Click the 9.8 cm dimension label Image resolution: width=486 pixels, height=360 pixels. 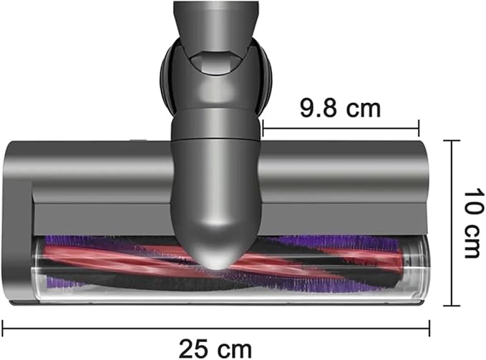[340, 108]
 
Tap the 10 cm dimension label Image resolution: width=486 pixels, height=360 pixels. [474, 223]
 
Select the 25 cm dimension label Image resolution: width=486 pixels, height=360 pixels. [215, 349]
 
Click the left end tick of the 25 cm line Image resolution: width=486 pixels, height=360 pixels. [2, 329]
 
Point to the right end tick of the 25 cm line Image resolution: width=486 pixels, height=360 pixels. [429, 329]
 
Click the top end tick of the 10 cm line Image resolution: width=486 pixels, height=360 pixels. [452, 141]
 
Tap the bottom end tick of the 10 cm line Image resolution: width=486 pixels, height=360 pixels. [452, 306]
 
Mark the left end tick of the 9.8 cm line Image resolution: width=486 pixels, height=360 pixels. [263, 128]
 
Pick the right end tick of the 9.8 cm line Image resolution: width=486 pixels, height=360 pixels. [419, 128]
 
